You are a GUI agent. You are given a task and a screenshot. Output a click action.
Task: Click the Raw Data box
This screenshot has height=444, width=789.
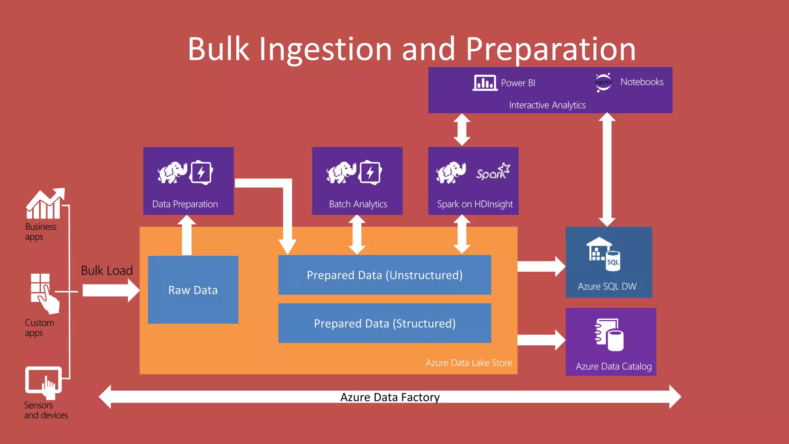(193, 290)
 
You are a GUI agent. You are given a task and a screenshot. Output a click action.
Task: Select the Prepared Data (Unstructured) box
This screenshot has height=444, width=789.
(384, 275)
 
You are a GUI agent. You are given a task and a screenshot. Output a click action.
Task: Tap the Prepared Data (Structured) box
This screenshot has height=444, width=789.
(384, 323)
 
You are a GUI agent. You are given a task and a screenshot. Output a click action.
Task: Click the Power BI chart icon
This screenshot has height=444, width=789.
(485, 83)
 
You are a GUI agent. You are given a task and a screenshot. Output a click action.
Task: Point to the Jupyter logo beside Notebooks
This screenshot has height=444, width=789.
(603, 82)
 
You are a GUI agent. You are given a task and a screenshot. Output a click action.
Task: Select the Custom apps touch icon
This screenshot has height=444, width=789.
(45, 293)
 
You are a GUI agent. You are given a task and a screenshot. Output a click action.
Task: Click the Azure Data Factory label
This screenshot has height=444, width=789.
(390, 397)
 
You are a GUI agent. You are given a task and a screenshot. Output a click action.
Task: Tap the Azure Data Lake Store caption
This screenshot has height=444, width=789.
(469, 363)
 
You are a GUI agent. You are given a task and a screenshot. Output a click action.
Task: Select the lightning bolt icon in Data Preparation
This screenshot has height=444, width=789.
(201, 173)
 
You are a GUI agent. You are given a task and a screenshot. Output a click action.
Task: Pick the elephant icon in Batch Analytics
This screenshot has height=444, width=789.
(341, 172)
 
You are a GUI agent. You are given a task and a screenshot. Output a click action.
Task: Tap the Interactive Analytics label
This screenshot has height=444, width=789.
(547, 105)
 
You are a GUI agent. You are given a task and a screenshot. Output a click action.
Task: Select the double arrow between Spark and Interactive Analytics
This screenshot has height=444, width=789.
(462, 129)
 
